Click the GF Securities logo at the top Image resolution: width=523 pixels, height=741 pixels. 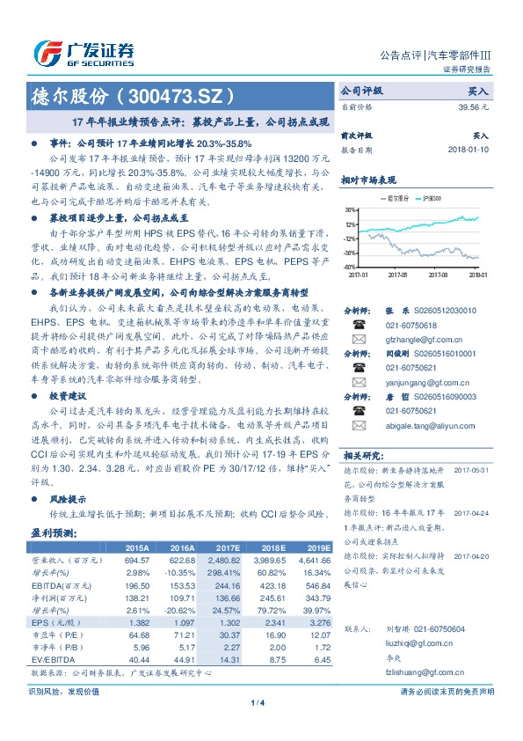(84, 52)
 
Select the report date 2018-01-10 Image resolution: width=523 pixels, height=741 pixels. (468, 150)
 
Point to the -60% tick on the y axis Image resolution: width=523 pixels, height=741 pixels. (350, 266)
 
